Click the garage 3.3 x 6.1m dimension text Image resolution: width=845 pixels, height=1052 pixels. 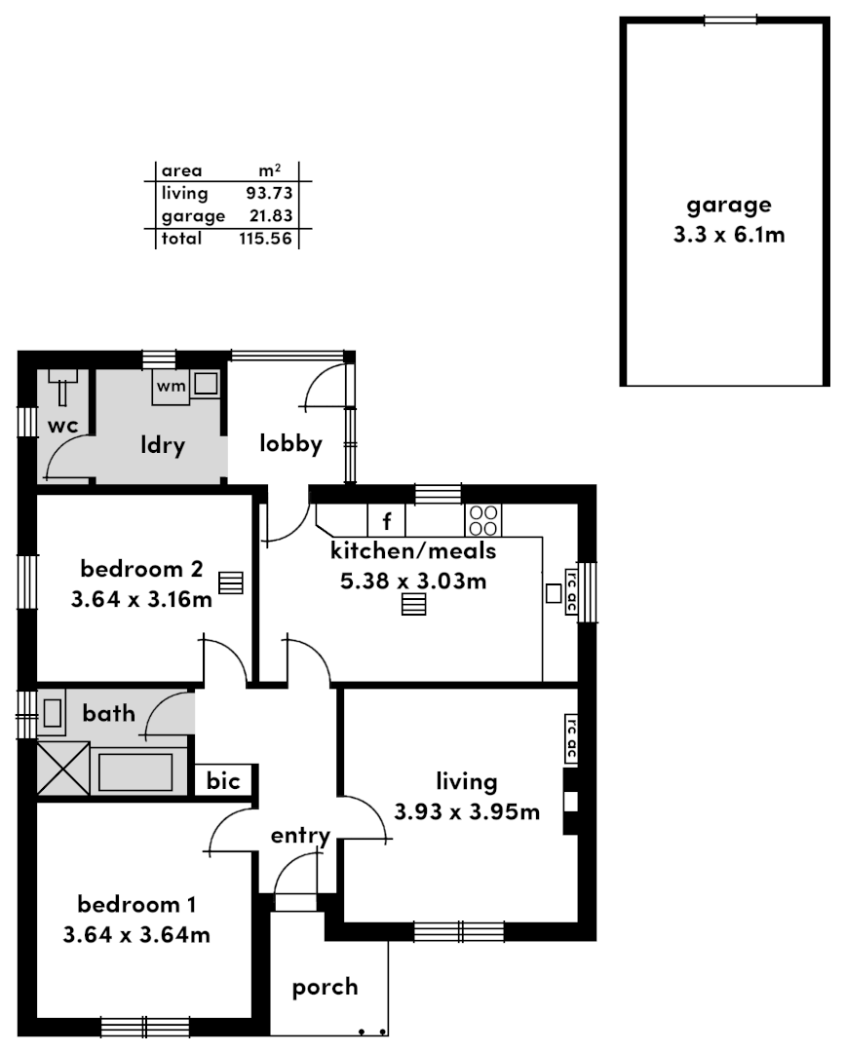click(729, 235)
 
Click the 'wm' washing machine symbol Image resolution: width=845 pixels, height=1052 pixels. click(172, 387)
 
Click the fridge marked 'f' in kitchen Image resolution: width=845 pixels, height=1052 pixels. click(386, 519)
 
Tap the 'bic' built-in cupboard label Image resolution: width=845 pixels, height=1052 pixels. click(224, 781)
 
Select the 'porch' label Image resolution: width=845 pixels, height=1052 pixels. click(325, 987)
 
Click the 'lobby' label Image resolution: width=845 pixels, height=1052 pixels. click(290, 444)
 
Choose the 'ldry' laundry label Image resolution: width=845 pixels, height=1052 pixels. click(163, 446)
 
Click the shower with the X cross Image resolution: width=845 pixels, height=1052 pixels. click(62, 769)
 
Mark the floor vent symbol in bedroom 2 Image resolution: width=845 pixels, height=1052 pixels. click(230, 582)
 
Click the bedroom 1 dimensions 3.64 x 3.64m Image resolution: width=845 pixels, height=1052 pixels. click(136, 935)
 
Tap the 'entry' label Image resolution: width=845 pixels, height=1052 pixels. click(300, 836)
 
